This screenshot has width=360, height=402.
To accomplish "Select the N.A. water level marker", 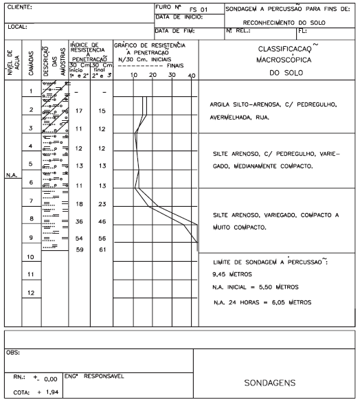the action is pyautogui.click(x=11, y=175).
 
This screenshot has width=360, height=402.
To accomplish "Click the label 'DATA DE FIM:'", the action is pyautogui.click(x=176, y=30).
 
